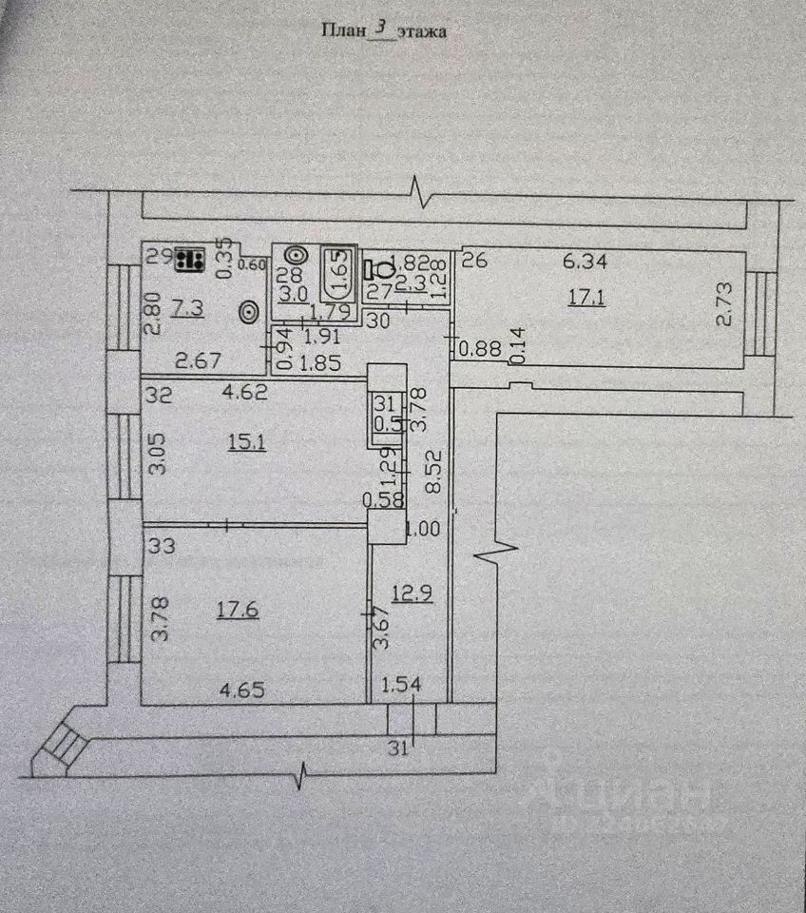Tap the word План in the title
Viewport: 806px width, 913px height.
point(344,30)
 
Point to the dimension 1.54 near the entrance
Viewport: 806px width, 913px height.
point(401,684)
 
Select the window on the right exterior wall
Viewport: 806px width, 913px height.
point(761,313)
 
